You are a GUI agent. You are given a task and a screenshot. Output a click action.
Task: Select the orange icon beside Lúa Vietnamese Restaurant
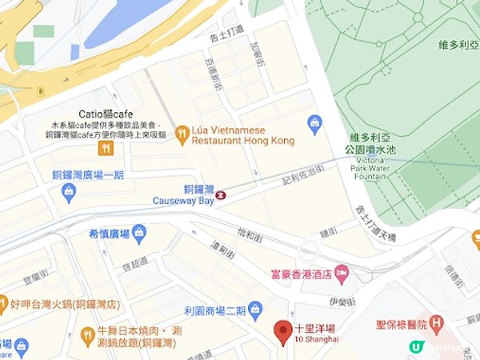click(182, 134)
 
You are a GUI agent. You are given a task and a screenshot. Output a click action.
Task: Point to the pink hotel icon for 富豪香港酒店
click(341, 274)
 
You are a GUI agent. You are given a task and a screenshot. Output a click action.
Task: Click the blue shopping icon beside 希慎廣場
click(141, 233)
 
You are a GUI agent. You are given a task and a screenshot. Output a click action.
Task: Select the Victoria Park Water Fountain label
click(377, 152)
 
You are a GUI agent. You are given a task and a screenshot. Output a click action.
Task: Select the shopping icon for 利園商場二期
click(255, 308)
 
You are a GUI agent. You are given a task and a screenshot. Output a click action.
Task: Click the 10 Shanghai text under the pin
click(317, 339)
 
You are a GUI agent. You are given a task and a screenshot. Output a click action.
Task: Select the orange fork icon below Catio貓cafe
click(105, 148)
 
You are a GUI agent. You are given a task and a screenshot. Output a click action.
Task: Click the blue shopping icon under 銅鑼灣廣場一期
click(69, 192)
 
